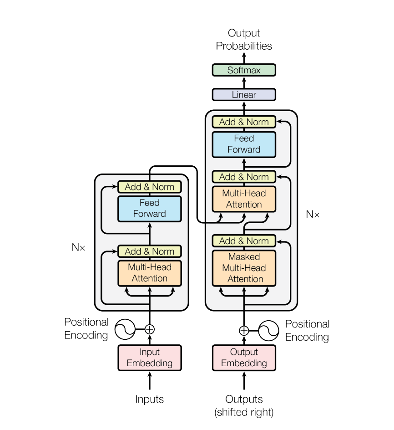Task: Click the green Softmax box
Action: (244, 70)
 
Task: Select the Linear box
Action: (244, 95)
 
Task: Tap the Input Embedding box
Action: (150, 358)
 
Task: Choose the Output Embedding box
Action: (244, 358)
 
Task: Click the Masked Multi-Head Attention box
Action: (244, 268)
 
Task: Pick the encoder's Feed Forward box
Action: (150, 208)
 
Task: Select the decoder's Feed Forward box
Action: (244, 144)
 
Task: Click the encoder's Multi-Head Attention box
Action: (150, 273)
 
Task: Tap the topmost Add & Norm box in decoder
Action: (244, 122)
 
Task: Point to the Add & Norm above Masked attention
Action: (244, 241)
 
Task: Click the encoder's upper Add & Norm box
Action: (150, 187)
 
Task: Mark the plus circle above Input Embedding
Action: (150, 329)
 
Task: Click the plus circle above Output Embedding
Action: (244, 330)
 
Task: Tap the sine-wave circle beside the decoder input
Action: (269, 330)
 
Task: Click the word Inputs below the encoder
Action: (149, 399)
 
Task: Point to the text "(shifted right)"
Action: (244, 413)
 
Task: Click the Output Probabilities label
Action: (244, 40)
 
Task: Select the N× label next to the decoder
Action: (313, 214)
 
